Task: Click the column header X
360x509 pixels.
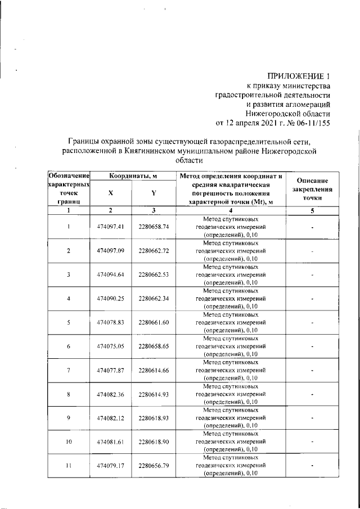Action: point(110,192)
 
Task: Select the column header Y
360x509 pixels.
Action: point(154,192)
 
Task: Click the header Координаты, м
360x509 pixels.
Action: point(132,176)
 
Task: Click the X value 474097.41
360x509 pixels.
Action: point(110,226)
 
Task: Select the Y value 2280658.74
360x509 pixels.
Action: point(154,226)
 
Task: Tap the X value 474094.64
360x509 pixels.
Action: point(110,274)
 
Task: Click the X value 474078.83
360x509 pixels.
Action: point(110,322)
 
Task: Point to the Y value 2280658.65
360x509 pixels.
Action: point(154,346)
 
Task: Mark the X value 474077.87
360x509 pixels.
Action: point(110,370)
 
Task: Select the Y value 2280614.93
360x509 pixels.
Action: point(154,394)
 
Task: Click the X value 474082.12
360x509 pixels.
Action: point(110,418)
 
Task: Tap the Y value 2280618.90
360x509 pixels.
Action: point(154,442)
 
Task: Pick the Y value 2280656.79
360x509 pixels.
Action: point(154,466)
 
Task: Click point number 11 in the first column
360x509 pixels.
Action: point(69,466)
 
